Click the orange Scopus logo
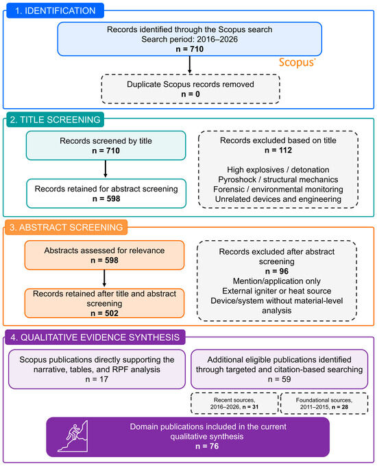tap(297, 62)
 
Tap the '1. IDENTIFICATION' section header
tap(55, 11)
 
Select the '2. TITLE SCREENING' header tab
tap(55, 120)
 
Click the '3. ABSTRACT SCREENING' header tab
tap(66, 227)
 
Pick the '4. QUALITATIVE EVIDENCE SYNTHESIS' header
tap(95, 337)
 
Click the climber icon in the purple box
tap(73, 437)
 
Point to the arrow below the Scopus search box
tap(190, 65)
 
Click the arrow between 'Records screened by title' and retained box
tap(106, 169)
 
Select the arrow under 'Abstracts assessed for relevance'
tap(104, 279)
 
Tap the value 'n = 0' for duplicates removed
tap(191, 94)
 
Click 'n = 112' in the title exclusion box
tap(278, 151)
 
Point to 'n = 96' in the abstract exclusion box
tap(277, 272)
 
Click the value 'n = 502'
tap(104, 313)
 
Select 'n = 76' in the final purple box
tap(207, 446)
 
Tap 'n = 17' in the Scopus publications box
tap(97, 379)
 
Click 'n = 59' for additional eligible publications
tap(280, 379)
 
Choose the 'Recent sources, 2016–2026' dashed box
tap(234, 403)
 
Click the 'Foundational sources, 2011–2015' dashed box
tap(324, 403)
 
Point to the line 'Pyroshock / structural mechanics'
tap(278, 179)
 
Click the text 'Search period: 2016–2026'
tap(190, 39)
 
